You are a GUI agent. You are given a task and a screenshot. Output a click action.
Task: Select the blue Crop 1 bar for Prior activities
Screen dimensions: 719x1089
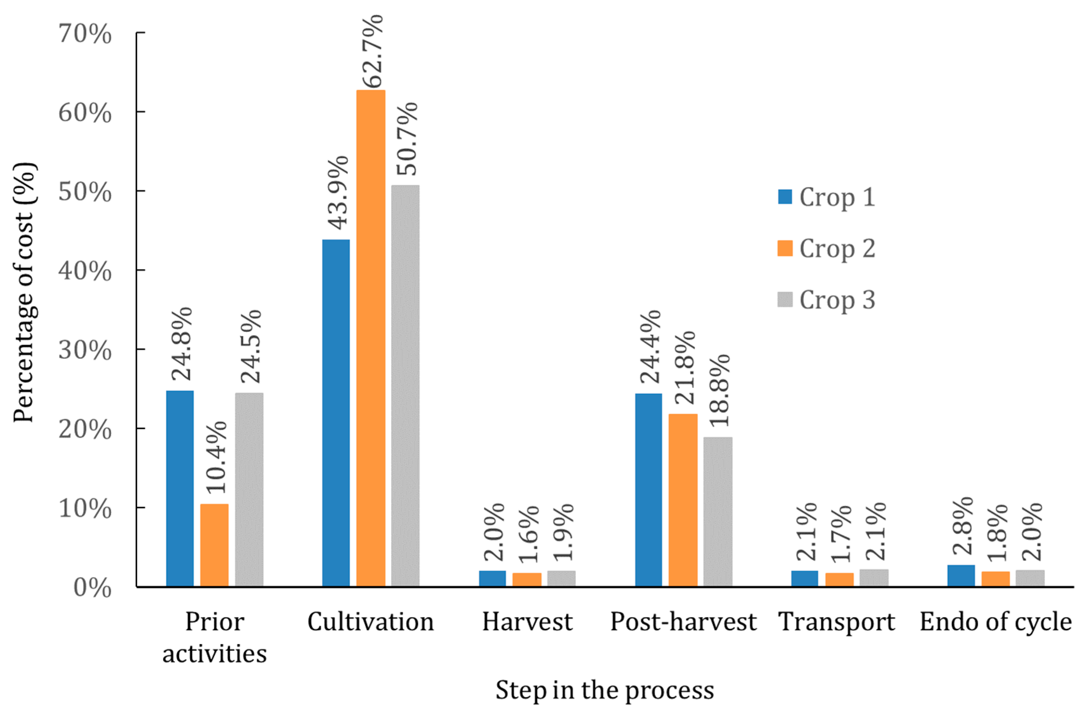pyautogui.click(x=180, y=489)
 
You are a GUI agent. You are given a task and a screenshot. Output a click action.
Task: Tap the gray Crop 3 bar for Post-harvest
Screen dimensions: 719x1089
pyautogui.click(x=718, y=511)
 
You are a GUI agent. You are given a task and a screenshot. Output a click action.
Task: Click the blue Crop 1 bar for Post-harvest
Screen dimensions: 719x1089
pyautogui.click(x=648, y=490)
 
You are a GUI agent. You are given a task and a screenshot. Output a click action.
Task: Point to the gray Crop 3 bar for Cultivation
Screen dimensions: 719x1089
pyautogui.click(x=405, y=385)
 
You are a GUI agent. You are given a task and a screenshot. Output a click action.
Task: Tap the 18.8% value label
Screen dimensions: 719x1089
pyautogui.click(x=719, y=390)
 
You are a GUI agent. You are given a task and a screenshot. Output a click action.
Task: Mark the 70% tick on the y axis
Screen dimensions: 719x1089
pyautogui.click(x=85, y=34)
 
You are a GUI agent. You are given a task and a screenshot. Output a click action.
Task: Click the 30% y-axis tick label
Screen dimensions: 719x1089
pyautogui.click(x=85, y=351)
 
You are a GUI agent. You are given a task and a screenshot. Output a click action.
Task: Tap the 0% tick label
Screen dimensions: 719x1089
pyautogui.click(x=92, y=588)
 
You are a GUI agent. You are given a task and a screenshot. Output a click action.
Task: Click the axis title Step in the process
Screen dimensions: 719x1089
pyautogui.click(x=604, y=690)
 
